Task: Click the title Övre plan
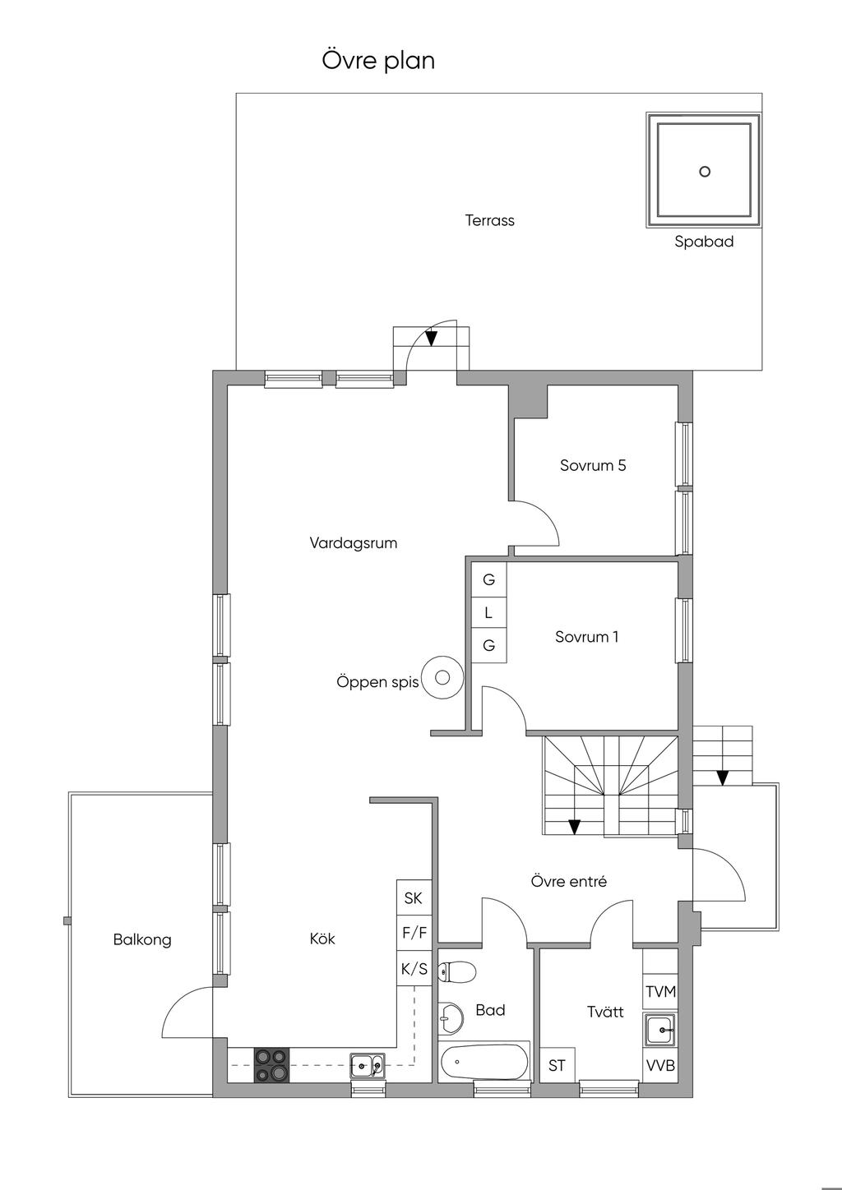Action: click(x=378, y=61)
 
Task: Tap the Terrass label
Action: click(x=489, y=220)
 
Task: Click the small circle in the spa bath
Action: click(x=705, y=172)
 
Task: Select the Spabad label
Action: click(x=704, y=242)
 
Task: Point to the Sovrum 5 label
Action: click(x=593, y=465)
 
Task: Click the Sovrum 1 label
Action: click(x=587, y=636)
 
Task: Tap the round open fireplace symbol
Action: click(x=443, y=677)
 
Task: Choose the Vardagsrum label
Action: click(x=354, y=543)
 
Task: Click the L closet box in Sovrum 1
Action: click(x=488, y=613)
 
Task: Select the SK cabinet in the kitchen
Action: click(x=414, y=897)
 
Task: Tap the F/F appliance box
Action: click(x=414, y=932)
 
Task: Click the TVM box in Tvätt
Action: click(x=660, y=992)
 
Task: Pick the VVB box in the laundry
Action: click(x=660, y=1065)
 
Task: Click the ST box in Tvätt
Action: click(x=557, y=1065)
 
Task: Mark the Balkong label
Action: click(x=142, y=940)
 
